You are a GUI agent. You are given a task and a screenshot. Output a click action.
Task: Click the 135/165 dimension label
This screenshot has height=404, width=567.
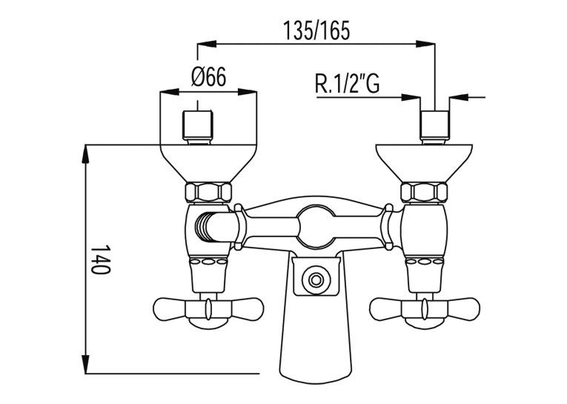click(316, 30)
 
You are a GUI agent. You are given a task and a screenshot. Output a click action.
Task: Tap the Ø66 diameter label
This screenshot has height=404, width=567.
click(209, 76)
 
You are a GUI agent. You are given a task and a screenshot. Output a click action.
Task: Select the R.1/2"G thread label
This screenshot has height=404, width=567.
click(348, 83)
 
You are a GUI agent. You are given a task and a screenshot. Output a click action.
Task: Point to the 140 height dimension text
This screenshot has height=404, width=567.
click(100, 259)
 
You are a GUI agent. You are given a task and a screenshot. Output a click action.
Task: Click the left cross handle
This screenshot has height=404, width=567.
click(208, 310)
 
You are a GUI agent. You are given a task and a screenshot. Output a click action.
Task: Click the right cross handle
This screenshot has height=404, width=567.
click(425, 310)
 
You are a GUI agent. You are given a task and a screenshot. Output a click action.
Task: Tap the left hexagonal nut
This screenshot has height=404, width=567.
click(208, 193)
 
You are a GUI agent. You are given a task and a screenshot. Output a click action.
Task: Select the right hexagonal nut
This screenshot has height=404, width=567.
click(424, 193)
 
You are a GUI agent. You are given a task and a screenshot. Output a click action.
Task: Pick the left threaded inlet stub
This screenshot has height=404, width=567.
click(197, 128)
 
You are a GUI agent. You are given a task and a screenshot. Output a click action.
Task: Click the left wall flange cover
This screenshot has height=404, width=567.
click(209, 163)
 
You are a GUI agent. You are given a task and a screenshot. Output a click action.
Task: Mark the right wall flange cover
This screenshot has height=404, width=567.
click(424, 163)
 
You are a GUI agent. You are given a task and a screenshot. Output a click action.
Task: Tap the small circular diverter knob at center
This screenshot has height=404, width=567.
click(316, 279)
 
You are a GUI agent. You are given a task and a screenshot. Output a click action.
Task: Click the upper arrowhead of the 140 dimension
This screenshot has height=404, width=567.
click(86, 153)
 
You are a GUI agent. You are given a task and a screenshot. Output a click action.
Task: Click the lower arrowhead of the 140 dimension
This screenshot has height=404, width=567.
click(86, 364)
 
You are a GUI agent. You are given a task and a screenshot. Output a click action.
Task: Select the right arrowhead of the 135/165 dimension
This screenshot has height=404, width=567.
click(425, 44)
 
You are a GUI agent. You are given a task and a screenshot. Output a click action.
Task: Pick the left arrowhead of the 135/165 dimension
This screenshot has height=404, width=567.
click(207, 44)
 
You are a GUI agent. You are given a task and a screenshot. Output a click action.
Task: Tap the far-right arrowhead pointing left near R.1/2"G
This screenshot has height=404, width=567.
click(459, 97)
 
